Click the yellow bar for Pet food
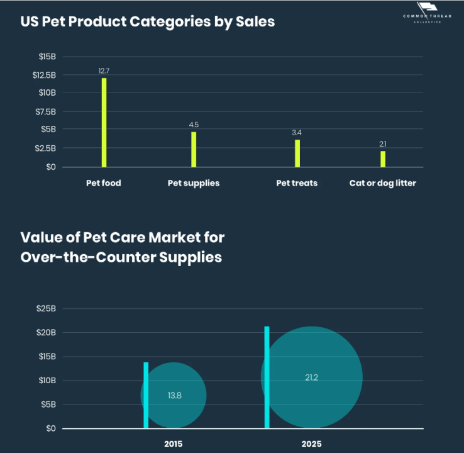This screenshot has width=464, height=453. [104, 122]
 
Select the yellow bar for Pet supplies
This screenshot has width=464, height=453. [194, 149]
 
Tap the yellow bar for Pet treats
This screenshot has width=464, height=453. [297, 153]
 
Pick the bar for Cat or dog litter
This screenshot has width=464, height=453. [383, 159]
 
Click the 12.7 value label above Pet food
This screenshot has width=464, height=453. [104, 71]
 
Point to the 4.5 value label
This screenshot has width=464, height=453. [194, 125]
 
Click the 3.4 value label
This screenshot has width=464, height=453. [297, 133]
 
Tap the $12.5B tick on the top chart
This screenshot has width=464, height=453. [44, 75]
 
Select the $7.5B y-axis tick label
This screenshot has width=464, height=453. [45, 111]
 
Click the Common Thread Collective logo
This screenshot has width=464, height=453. [427, 13]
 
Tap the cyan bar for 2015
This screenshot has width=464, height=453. [146, 395]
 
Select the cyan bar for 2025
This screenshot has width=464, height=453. [267, 377]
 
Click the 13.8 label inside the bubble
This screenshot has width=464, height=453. [174, 396]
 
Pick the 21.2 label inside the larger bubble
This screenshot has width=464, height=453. [311, 377]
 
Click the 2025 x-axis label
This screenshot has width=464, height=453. [311, 444]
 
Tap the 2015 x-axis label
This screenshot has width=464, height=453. [174, 444]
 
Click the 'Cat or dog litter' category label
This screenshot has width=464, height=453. [383, 183]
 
